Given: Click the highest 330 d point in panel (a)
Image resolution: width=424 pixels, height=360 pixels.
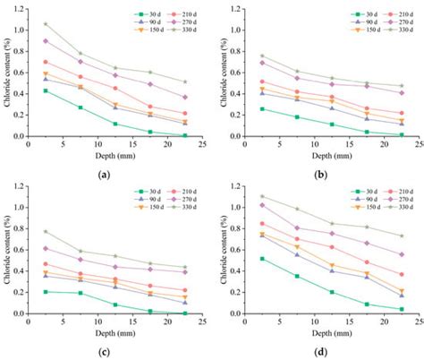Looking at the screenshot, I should click(x=46, y=24).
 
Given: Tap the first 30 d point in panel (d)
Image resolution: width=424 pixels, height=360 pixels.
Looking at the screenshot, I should click(x=250, y=259).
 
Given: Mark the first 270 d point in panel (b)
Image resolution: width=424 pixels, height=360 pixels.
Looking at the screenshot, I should click(x=250, y=63).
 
